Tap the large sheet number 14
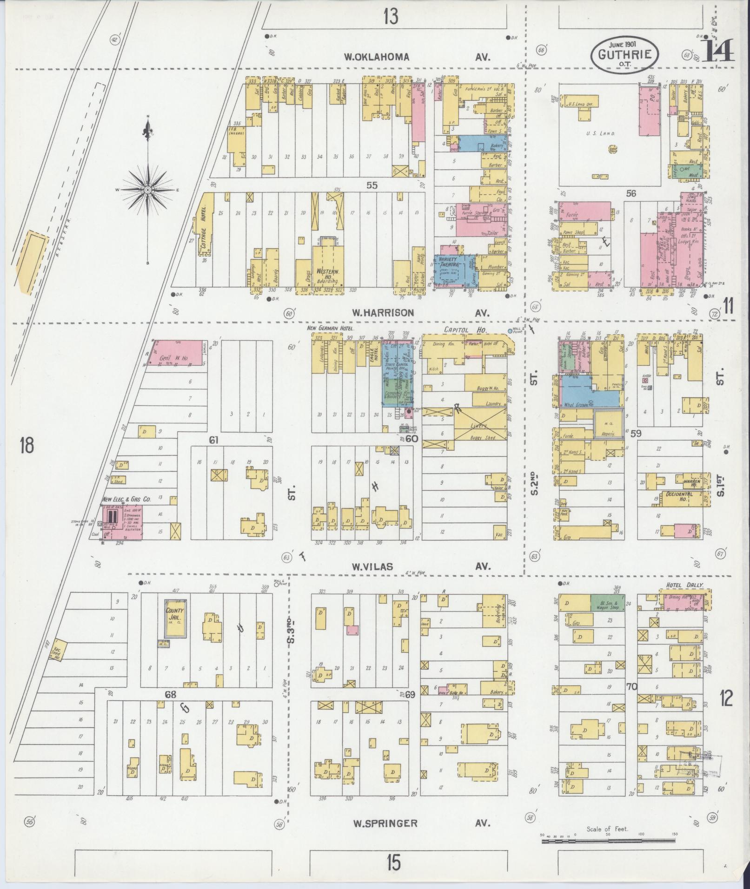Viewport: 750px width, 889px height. pos(718,50)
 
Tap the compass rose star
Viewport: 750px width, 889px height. pos(148,190)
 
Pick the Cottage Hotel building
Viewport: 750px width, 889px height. pos(205,224)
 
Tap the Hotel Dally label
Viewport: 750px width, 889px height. pos(684,585)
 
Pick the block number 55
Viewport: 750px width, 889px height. pos(372,185)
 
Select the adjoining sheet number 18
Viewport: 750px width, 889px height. pos(27,446)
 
